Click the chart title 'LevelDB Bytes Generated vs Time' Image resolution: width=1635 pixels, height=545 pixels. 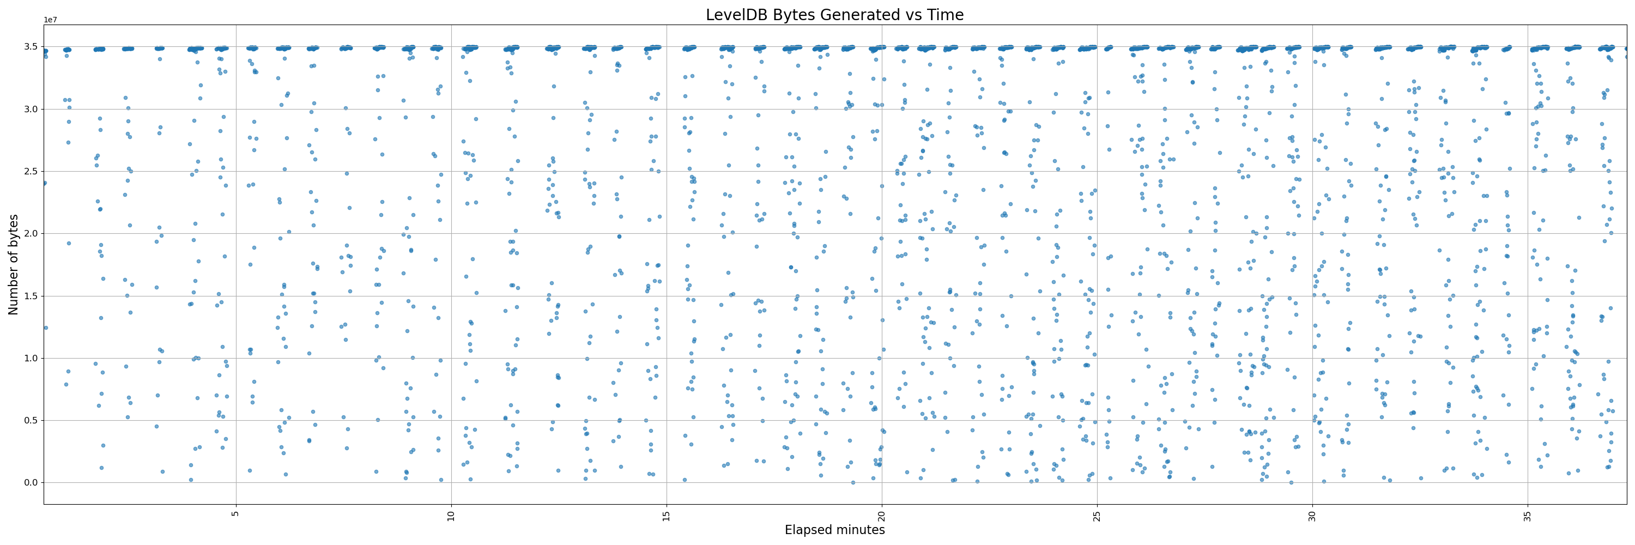pos(834,15)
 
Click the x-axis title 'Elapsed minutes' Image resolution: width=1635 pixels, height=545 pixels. pos(834,530)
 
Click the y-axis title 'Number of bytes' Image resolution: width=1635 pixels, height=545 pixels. pos(13,264)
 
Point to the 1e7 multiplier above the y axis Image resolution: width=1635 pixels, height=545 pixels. pos(50,20)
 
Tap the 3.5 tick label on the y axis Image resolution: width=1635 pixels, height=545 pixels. pos(31,47)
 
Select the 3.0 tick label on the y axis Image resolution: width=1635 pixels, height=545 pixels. pos(31,109)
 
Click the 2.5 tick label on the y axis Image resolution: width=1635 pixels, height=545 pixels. pos(31,171)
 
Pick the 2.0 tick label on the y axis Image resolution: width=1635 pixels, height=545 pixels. pos(31,233)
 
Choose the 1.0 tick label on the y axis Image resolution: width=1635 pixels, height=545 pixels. pos(31,359)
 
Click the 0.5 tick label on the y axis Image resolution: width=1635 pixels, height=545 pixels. pos(31,421)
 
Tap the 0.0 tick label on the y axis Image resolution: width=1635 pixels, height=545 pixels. pos(31,483)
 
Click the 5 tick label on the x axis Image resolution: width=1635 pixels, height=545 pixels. pos(236,512)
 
